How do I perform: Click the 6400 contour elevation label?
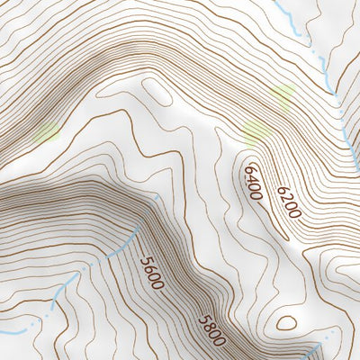pyautogui.click(x=253, y=181)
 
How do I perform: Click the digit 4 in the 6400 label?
pyautogui.click(x=252, y=178)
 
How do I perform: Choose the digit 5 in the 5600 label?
pyautogui.click(x=145, y=259)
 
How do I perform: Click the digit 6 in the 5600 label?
pyautogui.click(x=149, y=267)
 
